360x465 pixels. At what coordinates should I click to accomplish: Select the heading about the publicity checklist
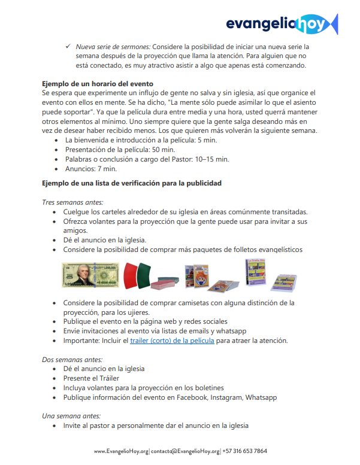pos(132,183)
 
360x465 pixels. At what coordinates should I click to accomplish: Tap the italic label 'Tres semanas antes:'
pos(72,202)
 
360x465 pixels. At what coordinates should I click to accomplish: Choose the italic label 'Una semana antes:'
pos(71,416)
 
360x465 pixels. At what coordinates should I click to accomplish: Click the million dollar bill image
pos(90,275)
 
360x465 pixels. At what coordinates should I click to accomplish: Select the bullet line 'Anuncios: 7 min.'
pos(91,169)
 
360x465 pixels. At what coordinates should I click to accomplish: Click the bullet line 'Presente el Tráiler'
pos(91,378)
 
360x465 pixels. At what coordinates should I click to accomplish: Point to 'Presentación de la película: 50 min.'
pos(120,150)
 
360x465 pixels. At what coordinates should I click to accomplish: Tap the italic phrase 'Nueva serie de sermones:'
pos(113,46)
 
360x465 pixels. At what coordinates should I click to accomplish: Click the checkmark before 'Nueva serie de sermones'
pos(68,46)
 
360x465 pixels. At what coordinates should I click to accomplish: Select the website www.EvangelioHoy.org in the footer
pos(120,451)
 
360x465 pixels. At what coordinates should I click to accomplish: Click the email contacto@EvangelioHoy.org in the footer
pos(185,451)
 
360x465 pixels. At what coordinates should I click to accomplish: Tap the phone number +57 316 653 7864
pos(245,451)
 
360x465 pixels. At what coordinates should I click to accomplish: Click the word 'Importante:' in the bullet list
pos(83,341)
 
